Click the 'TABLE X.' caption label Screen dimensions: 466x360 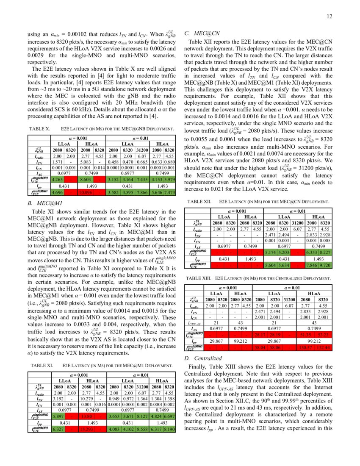pyautogui.click(x=40, y=128)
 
